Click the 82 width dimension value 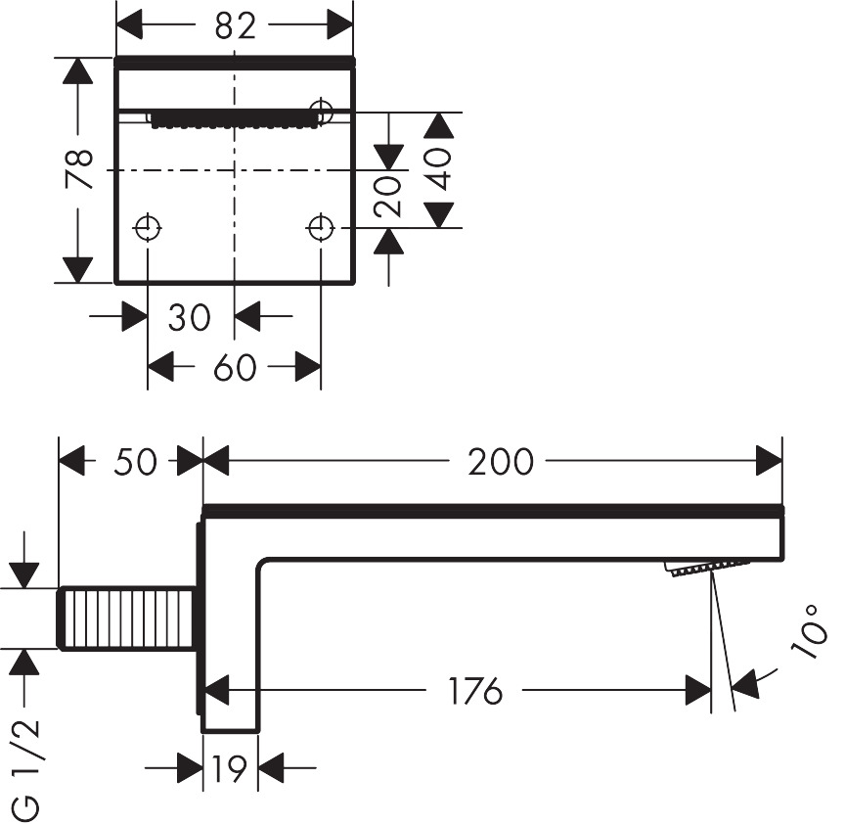(x=234, y=26)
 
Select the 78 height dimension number (x=78, y=169)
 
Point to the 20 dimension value (x=389, y=196)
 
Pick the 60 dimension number (x=234, y=368)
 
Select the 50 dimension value (x=135, y=461)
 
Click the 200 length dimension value (x=500, y=461)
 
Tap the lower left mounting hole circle (x=148, y=228)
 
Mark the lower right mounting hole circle (x=320, y=228)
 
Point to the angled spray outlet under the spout (x=706, y=567)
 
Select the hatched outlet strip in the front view (x=235, y=119)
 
